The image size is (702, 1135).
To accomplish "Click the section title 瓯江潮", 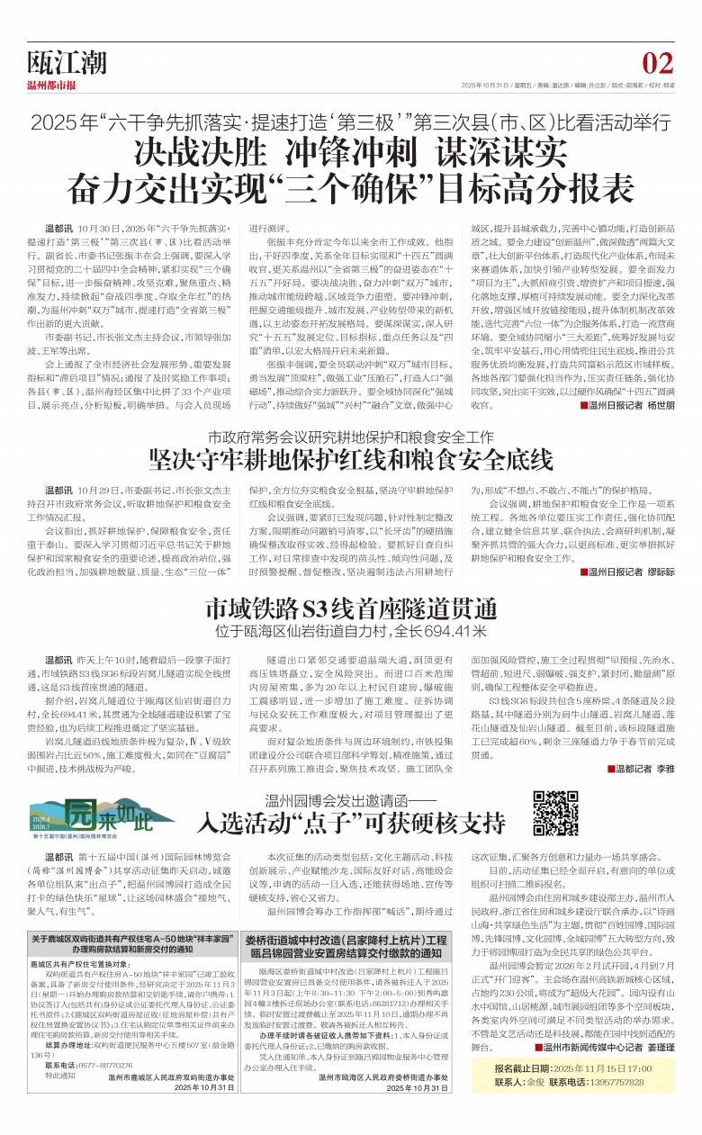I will click(x=67, y=63).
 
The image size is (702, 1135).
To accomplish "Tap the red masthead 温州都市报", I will click(x=51, y=86).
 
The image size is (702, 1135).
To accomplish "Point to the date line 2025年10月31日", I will click(x=487, y=86).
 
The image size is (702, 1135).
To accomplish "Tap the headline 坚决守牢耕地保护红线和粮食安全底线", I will click(x=350, y=459).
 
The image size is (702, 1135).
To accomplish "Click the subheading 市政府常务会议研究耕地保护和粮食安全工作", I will click(x=350, y=437).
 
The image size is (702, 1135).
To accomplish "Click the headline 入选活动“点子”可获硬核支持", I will click(x=350, y=822).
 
